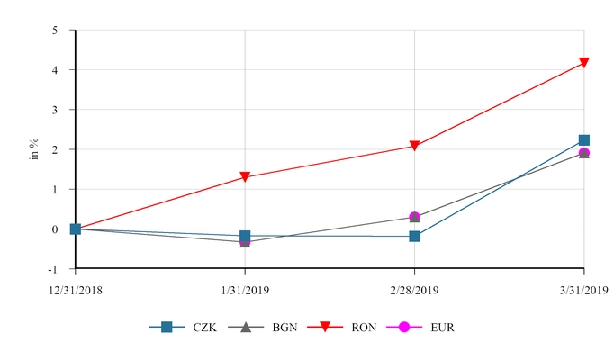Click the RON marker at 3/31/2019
pos(583,63)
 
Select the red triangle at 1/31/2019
pos(245,177)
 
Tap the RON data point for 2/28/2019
pos(414,146)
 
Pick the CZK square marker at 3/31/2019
pos(583,140)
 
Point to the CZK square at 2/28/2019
pos(414,236)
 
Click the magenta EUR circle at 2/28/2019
pos(414,217)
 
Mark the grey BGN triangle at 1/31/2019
pos(245,241)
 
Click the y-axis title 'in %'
pos(34,149)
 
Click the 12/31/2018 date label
pos(76,289)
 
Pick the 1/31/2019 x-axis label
pos(245,289)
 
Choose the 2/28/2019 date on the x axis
pos(414,289)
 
